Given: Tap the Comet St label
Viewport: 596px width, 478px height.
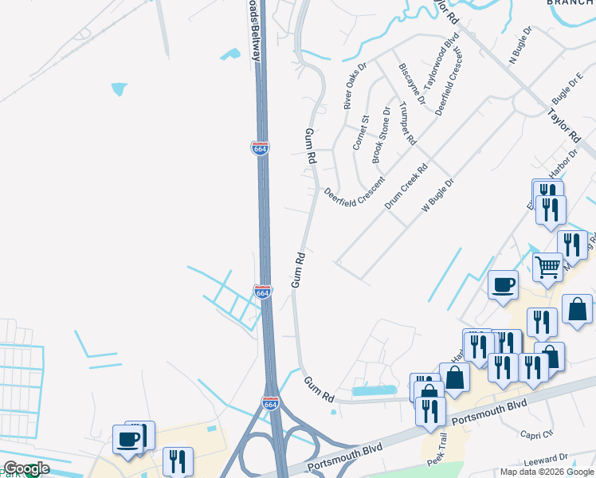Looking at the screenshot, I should coord(361,132).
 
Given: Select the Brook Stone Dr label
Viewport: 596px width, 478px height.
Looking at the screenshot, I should coord(382,135).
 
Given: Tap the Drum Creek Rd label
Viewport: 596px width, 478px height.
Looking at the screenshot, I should coord(406,186).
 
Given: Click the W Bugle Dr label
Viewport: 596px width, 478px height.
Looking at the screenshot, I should coord(437,195).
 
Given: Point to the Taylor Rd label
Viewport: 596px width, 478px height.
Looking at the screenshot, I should coord(561,122).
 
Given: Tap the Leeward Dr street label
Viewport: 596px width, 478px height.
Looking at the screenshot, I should coord(544,460).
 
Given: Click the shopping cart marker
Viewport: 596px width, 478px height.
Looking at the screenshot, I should coord(547,266).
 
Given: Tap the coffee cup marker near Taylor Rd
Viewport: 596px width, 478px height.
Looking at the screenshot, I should coord(502,284).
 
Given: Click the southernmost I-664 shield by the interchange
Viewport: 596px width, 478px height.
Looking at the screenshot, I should coord(271,404).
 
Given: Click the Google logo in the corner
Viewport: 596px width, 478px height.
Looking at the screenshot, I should coord(26,468).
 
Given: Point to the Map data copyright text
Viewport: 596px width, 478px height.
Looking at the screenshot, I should coord(547,472).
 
